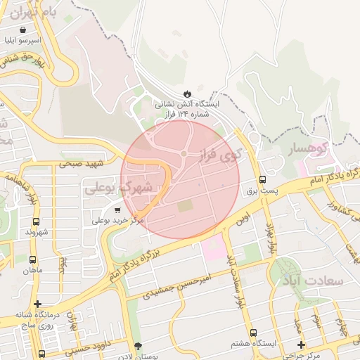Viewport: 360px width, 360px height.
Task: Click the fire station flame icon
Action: point(186,93)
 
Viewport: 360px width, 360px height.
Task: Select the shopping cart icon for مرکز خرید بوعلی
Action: point(117,209)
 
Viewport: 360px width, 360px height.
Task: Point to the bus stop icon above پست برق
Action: point(263,180)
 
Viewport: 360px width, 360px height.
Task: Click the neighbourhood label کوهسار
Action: point(308,148)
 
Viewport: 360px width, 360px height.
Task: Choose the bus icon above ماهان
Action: point(32,259)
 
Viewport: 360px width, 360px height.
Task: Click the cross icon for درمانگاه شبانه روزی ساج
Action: point(37,304)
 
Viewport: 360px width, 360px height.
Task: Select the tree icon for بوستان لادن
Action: point(138,346)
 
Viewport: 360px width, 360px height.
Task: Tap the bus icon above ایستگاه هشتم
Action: point(253,333)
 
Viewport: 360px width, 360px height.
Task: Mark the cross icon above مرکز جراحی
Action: point(302,345)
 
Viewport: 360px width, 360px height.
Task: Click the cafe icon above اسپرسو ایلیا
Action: point(25,30)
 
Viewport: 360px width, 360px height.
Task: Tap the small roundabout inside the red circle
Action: point(184,153)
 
